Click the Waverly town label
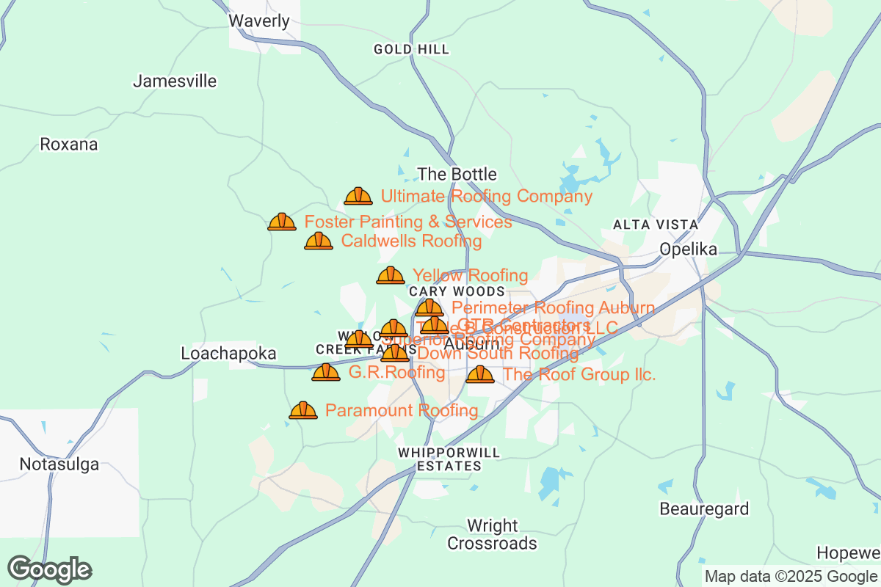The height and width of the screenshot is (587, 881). tap(259, 21)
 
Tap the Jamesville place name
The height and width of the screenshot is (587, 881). tap(175, 81)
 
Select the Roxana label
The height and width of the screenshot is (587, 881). tap(69, 144)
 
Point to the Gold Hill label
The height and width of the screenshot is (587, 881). tap(411, 49)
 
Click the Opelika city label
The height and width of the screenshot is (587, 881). tap(688, 249)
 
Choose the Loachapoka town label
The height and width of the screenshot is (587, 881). tap(228, 354)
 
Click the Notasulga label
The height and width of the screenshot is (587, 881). tap(59, 464)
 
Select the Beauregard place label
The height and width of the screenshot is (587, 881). tap(704, 508)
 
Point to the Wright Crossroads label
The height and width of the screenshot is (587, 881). tap(493, 535)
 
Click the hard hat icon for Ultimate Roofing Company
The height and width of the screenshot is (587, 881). tap(358, 196)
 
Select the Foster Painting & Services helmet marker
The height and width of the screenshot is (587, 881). tap(282, 222)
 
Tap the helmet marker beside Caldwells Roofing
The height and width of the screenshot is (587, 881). tap(319, 241)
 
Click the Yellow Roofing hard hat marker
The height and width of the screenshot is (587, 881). tap(391, 275)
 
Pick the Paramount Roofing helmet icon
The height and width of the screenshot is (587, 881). tap(303, 410)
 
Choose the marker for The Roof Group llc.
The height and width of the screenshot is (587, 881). tap(480, 374)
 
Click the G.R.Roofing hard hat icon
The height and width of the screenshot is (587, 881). tap(326, 372)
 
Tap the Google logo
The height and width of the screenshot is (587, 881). tap(50, 569)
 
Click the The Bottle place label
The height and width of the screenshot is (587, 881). tap(457, 175)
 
